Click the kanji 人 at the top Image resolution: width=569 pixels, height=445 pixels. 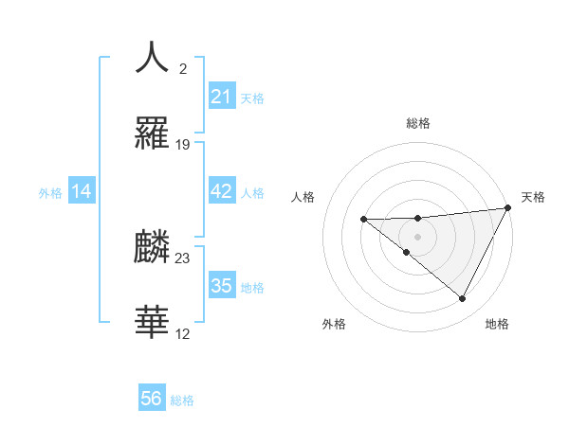coord(152,58)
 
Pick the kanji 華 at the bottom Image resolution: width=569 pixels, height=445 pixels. coord(152,323)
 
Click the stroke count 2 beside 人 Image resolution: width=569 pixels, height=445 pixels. coord(183,69)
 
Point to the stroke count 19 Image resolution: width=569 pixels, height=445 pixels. coord(183,145)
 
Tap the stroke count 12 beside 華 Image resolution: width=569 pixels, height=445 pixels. coord(183,334)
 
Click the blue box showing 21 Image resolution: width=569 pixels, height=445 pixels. coord(221,97)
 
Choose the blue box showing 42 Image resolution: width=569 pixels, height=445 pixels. coord(221,191)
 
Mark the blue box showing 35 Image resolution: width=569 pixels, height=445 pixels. coord(221,286)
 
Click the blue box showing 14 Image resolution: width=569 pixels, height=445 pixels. coord(82,191)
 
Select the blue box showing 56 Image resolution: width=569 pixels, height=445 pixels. coord(152,399)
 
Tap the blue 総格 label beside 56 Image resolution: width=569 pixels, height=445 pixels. coord(182,400)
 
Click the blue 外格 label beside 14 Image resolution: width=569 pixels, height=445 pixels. coord(50,193)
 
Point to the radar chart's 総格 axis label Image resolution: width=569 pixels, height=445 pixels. coord(418,123)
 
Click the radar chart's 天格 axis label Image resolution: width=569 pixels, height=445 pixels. coord(533,197)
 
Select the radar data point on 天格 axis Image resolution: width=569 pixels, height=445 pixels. coord(509,207)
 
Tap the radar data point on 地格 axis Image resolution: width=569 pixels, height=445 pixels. coord(463,299)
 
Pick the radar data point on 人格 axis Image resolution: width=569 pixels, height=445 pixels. coord(363,220)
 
